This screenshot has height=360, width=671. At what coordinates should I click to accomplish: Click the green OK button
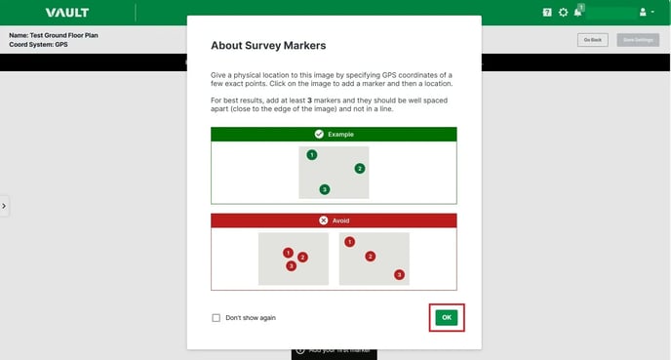click(x=446, y=317)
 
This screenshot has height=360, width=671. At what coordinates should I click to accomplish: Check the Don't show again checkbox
click(x=217, y=318)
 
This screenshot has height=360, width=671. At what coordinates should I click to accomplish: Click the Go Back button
click(x=592, y=40)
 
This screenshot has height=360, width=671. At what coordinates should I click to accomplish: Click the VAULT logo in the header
click(x=66, y=13)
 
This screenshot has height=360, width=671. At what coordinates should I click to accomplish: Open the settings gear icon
click(x=563, y=13)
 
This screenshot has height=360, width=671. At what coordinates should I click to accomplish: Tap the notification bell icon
click(x=578, y=13)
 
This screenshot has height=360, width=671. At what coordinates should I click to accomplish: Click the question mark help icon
click(x=547, y=13)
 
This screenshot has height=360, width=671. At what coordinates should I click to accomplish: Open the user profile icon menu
click(x=645, y=13)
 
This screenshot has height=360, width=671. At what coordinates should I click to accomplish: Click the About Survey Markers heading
click(x=268, y=45)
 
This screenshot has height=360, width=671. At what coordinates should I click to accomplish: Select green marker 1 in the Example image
click(x=312, y=155)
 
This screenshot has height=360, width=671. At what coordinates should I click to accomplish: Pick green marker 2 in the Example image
click(x=360, y=169)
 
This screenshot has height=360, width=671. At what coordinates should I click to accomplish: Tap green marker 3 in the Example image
click(x=325, y=189)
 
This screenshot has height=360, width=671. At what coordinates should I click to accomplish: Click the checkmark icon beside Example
click(x=319, y=134)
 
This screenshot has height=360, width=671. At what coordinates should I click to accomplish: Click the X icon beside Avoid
click(x=323, y=220)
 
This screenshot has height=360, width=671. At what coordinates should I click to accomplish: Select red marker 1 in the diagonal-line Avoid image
click(x=350, y=242)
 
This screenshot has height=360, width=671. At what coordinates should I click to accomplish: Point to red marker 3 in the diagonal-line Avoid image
click(x=399, y=275)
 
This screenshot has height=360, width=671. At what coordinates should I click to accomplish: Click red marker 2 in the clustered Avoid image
click(x=302, y=258)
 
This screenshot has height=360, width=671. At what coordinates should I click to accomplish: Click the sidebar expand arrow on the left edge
click(x=4, y=206)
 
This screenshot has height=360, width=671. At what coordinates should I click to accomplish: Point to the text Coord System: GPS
click(x=38, y=44)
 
